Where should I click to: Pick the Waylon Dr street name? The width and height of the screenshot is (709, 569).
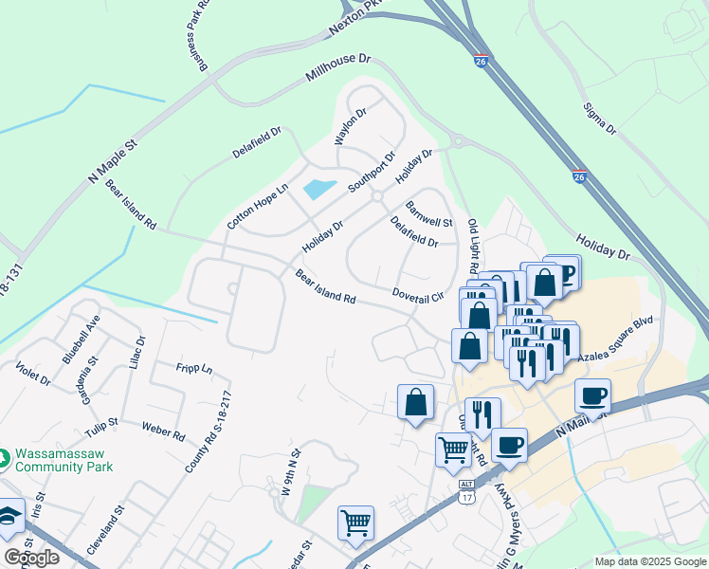(349, 126)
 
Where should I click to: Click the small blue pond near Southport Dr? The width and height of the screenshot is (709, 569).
(319, 189)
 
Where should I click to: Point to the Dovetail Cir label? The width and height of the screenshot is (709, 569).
(418, 296)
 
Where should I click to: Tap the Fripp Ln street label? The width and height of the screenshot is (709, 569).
(194, 368)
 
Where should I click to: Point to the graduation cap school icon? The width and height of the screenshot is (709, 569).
(9, 517)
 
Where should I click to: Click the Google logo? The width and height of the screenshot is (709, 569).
(30, 558)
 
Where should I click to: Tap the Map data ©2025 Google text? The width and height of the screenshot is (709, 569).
(650, 561)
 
